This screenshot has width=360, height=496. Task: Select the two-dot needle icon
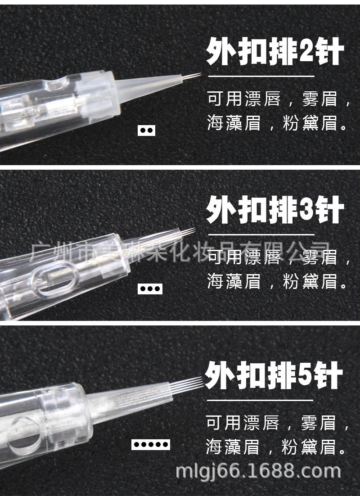[x=146, y=131]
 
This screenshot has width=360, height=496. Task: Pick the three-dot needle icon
[x=149, y=289]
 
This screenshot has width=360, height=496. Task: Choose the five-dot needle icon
[x=151, y=445]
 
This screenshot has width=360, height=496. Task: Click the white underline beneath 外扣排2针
[x=261, y=76]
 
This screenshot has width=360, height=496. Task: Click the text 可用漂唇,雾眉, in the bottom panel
[x=278, y=423]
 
